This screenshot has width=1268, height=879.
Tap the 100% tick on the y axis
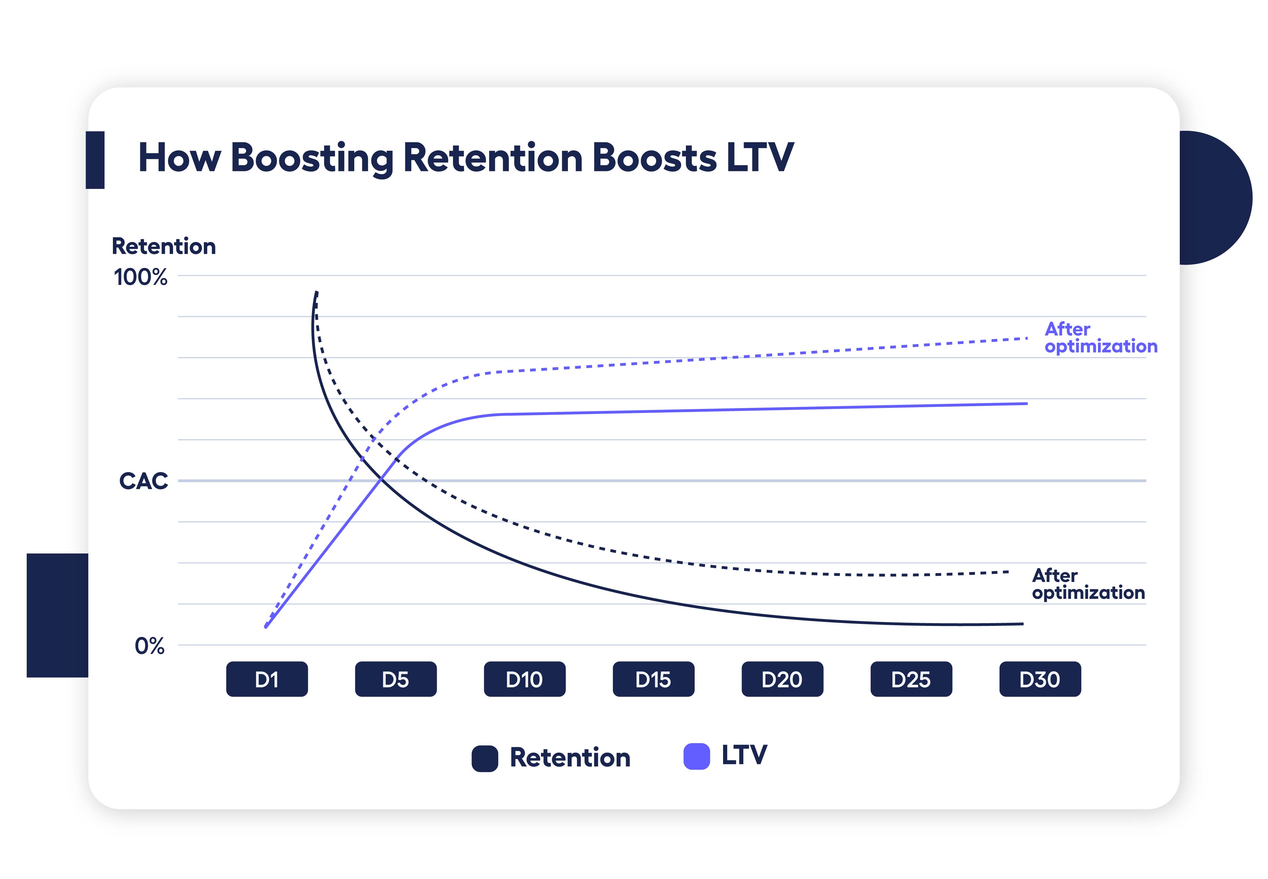pyautogui.click(x=141, y=277)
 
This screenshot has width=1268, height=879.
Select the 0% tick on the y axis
pyautogui.click(x=149, y=646)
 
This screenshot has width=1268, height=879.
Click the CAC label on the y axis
pyautogui.click(x=143, y=481)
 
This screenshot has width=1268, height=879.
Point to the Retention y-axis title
pyautogui.click(x=164, y=246)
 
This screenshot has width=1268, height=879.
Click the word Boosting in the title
pyautogui.click(x=312, y=158)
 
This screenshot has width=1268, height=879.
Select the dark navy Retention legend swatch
pyautogui.click(x=485, y=758)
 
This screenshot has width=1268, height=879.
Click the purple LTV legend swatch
pyautogui.click(x=696, y=756)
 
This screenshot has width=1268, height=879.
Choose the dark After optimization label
pyautogui.click(x=1088, y=584)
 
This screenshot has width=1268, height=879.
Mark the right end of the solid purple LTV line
pyautogui.click(x=1026, y=404)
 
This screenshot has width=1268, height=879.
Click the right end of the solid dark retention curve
pyautogui.click(x=1022, y=624)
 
